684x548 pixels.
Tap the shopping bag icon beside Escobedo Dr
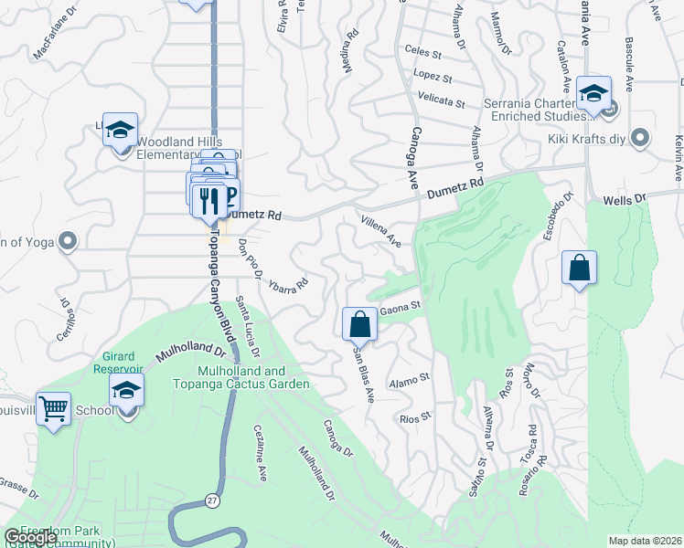click(x=579, y=268)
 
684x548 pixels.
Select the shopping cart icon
click(x=54, y=408)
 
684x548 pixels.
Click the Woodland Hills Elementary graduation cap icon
click(x=120, y=131)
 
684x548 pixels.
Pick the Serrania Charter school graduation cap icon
click(x=593, y=93)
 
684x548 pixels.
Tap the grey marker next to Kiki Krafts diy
click(x=640, y=138)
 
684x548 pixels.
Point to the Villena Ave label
click(x=381, y=232)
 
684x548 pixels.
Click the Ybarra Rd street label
click(x=287, y=284)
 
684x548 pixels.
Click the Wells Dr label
click(x=625, y=198)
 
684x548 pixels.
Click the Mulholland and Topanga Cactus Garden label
click(x=254, y=377)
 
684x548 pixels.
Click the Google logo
click(x=30, y=537)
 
